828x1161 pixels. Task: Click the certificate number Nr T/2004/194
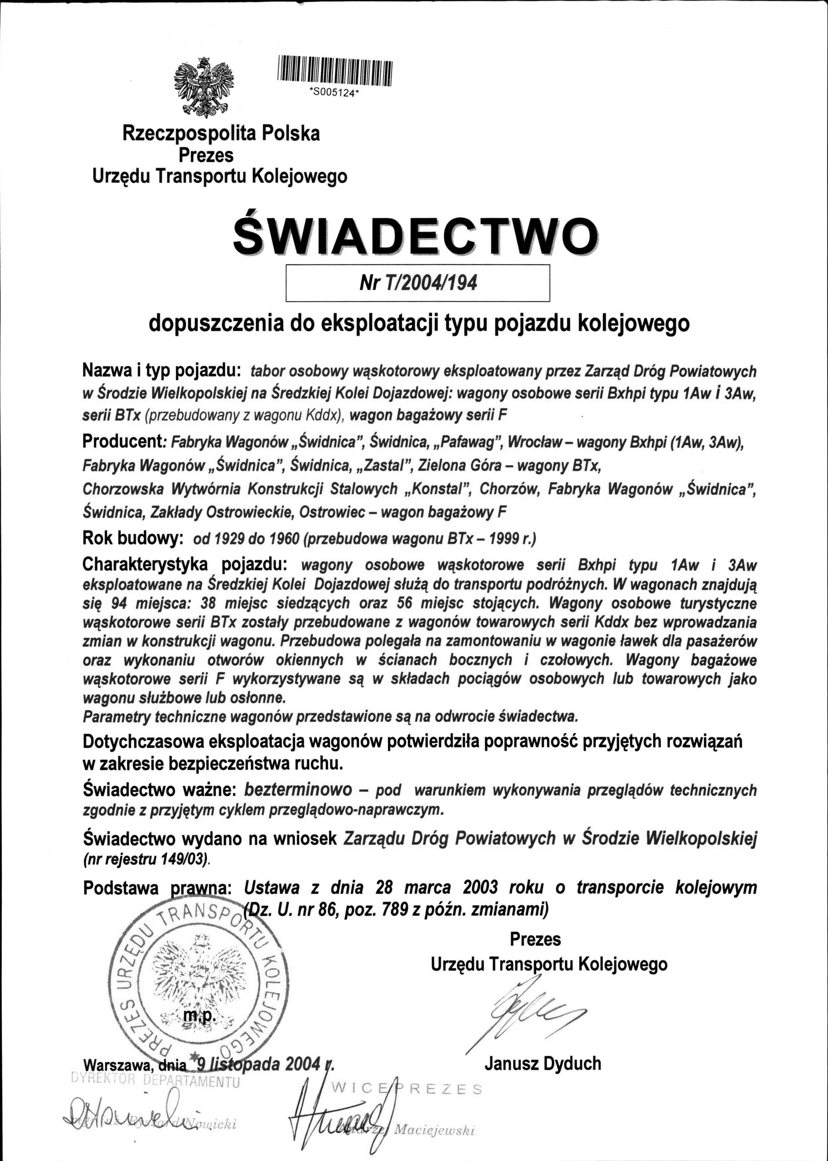pyautogui.click(x=418, y=282)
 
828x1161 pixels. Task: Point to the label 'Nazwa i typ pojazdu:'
pyautogui.click(x=161, y=370)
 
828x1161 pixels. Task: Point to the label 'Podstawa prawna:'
pyautogui.click(x=158, y=888)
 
